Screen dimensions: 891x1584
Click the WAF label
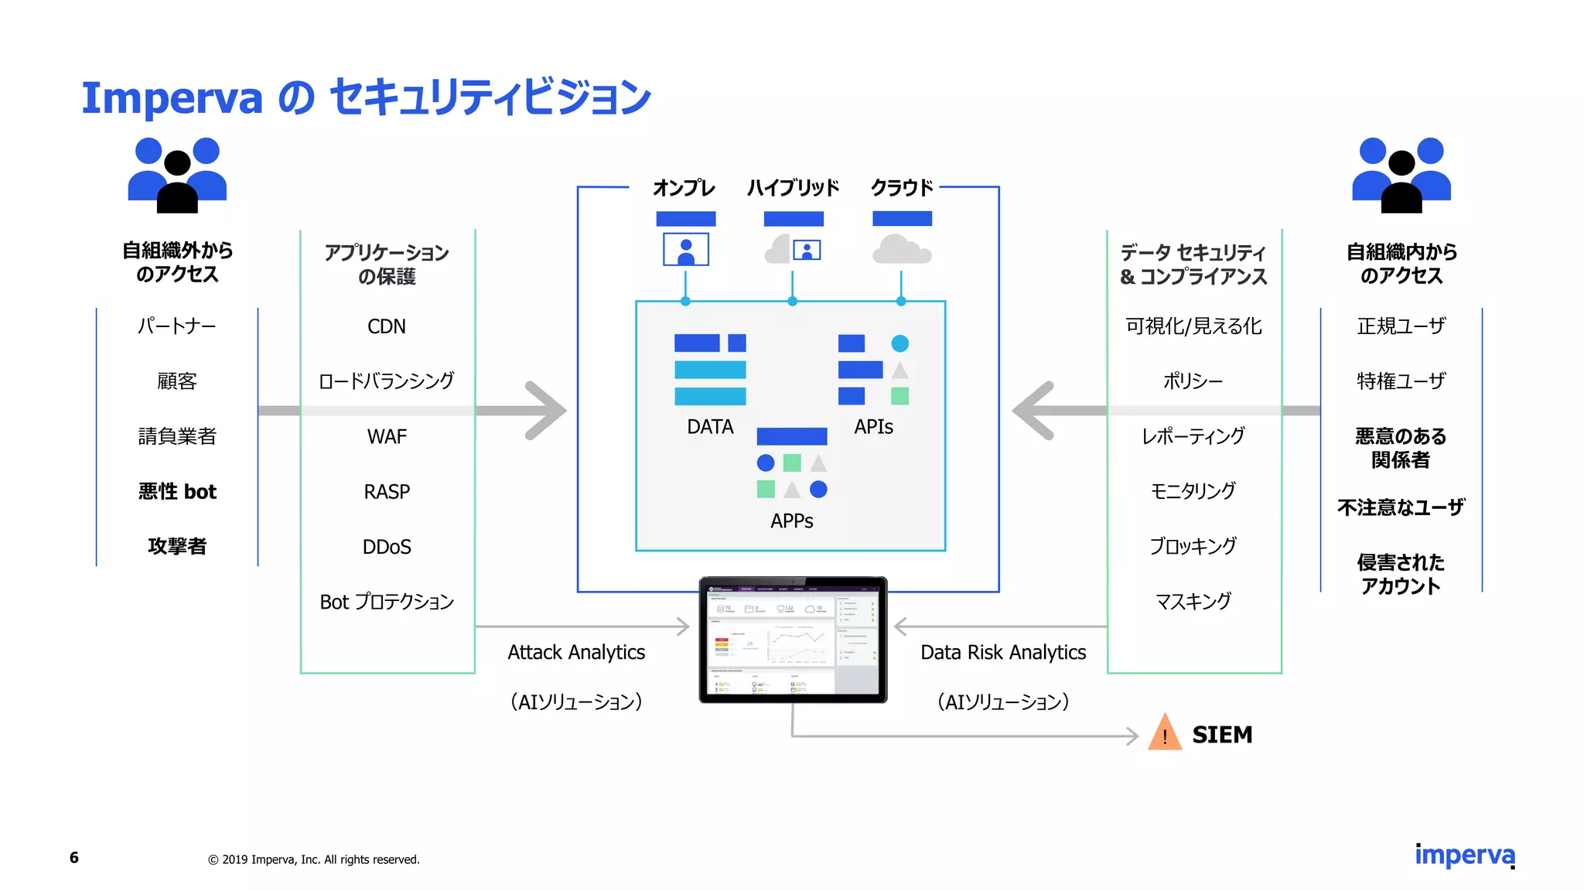[x=387, y=437]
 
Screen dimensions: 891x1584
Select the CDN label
[x=387, y=326]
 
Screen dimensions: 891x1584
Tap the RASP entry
[x=387, y=492]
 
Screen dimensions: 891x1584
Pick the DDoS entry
[x=387, y=547]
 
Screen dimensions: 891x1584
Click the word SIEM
[x=1222, y=735]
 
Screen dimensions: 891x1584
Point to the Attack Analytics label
[x=576, y=653]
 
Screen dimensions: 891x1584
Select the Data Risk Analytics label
[x=1003, y=653]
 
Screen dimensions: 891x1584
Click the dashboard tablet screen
[x=793, y=640]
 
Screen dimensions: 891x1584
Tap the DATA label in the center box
[x=710, y=427]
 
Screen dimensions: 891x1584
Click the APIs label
[x=873, y=427]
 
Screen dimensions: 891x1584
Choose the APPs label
[x=791, y=521]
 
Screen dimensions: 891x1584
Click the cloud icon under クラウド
[x=901, y=250]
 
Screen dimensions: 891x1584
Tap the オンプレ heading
[x=684, y=188]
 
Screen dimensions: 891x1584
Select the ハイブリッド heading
[x=793, y=188]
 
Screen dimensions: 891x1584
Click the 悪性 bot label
[x=177, y=492]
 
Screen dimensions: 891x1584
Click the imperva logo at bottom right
[x=1465, y=855]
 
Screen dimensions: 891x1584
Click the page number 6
[x=74, y=858]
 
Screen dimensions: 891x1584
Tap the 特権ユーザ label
[x=1401, y=381]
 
